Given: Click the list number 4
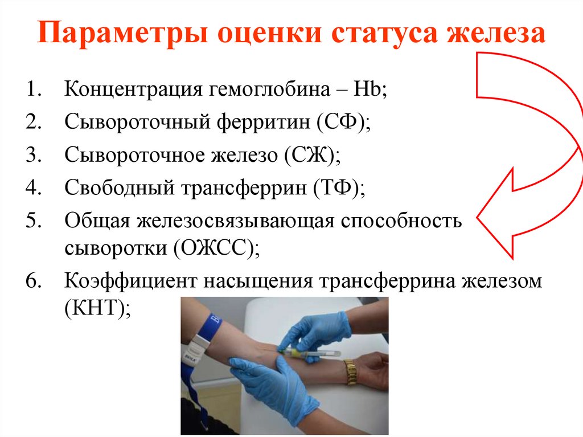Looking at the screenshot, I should pos(32,187).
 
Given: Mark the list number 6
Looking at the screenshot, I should pos(32,280).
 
